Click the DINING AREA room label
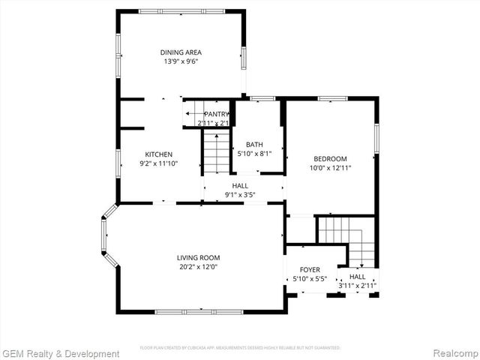tap(181, 52)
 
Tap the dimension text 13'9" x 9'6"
tap(181, 61)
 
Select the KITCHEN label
tap(159, 154)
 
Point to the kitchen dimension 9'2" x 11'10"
tap(159, 163)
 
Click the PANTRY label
tap(217, 114)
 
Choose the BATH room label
tap(255, 145)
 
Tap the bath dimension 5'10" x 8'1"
tap(255, 154)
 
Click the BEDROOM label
tap(330, 158)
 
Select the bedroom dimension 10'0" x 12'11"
tap(330, 168)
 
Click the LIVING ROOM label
tap(198, 257)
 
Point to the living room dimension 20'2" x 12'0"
tap(198, 266)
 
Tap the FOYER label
tap(310, 270)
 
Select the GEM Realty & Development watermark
tap(61, 353)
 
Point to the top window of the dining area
tap(181, 11)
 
